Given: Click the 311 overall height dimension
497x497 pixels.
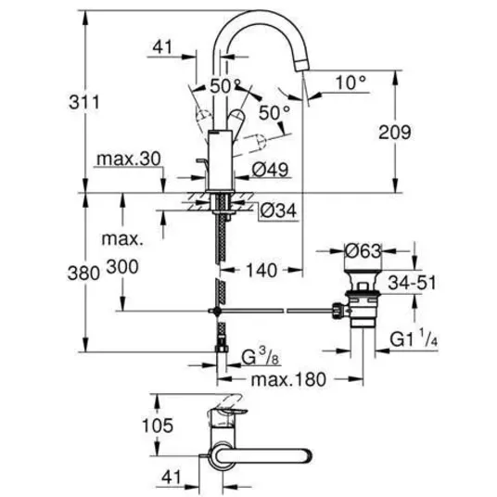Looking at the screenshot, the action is click(84, 102).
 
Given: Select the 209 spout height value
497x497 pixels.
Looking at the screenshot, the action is click(395, 133).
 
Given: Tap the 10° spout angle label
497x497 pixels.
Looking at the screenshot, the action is click(350, 83).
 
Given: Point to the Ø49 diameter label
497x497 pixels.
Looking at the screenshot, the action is click(271, 170).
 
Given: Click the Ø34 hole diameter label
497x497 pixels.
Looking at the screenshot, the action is click(278, 210).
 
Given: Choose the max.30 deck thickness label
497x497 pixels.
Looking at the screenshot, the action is click(129, 159).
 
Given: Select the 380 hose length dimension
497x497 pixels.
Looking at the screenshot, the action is click(83, 273).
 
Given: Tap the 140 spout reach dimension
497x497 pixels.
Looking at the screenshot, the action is click(261, 271).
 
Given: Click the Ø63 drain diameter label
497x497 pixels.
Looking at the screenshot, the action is click(363, 251).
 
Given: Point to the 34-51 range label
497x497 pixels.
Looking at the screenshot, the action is click(412, 283).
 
